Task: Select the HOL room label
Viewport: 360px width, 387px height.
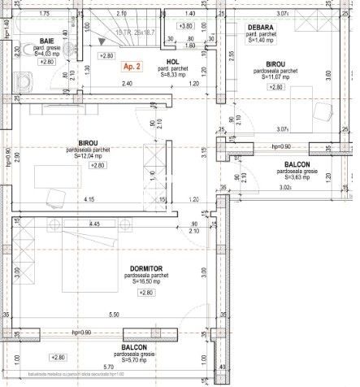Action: click(171, 61)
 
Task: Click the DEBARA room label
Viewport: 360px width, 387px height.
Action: click(262, 28)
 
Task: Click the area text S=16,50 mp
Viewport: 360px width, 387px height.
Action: click(147, 281)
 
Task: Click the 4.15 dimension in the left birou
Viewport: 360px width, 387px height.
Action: click(86, 199)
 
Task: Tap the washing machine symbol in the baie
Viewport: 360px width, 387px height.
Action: click(22, 81)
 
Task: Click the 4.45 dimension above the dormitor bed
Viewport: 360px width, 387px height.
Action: click(72, 224)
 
